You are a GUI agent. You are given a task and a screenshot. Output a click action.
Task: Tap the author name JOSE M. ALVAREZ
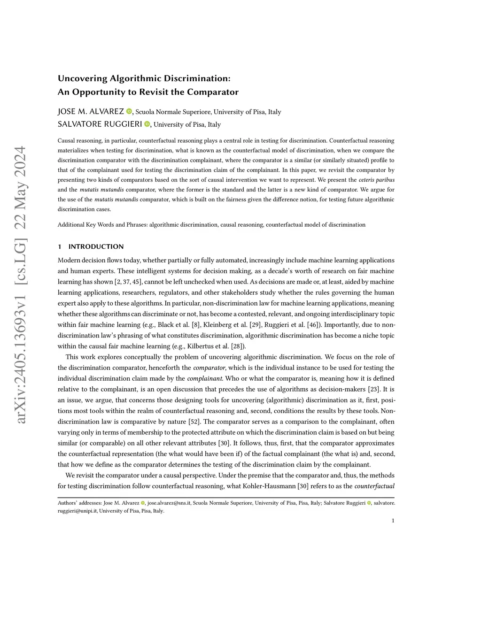91,111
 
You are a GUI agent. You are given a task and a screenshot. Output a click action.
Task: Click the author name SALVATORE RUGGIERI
100,124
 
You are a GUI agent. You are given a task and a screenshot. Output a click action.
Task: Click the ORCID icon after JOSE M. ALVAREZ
129,111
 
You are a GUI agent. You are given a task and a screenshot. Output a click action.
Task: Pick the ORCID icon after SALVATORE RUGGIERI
147,124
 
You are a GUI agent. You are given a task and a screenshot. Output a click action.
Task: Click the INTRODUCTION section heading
96,246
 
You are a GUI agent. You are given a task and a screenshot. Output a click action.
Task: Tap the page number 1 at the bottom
393,520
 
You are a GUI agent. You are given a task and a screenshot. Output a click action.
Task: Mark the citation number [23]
374,389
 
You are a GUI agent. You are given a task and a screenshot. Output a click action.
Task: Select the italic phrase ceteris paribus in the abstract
376,180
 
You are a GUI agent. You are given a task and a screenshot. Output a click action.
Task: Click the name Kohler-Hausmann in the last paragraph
269,486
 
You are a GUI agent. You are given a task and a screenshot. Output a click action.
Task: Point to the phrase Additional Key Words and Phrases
102,225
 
